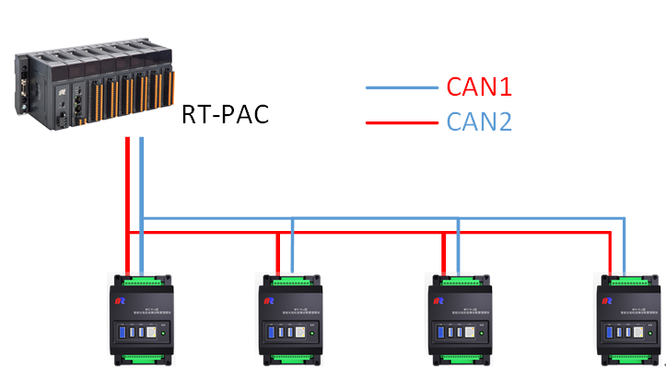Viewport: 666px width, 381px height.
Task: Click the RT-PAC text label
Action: [227, 116]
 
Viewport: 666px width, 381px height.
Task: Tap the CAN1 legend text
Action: [479, 87]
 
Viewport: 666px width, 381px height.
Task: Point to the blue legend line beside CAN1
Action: [401, 88]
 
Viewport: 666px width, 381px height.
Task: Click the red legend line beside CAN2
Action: [401, 121]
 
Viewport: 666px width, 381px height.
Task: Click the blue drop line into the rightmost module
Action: [625, 246]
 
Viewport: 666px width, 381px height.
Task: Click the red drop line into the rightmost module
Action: [609, 254]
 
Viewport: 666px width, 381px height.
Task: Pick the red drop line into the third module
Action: [445, 254]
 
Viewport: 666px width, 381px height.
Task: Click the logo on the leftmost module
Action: [119, 299]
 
